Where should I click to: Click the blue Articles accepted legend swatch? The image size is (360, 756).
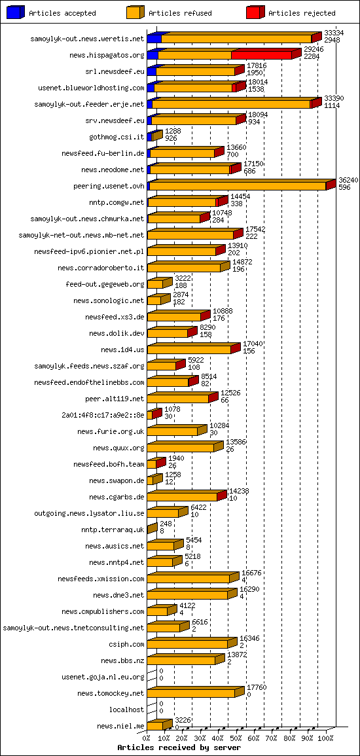click(x=15, y=12)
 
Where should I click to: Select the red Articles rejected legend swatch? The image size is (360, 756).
click(x=255, y=12)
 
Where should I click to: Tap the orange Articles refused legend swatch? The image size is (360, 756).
click(x=135, y=12)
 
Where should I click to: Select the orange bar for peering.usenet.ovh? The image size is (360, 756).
click(x=238, y=187)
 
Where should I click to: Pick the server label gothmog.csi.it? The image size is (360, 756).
click(x=117, y=137)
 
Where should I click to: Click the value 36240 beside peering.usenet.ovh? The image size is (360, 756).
click(x=348, y=180)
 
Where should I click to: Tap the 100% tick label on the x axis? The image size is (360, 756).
click(x=325, y=738)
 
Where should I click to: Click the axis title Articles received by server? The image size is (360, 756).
click(x=179, y=747)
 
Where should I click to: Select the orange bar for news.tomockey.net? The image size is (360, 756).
click(x=191, y=694)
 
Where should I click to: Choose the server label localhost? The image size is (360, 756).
click(x=126, y=710)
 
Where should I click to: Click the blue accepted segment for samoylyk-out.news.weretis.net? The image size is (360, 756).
click(x=154, y=39)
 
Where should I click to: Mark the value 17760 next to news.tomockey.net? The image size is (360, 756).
click(x=256, y=687)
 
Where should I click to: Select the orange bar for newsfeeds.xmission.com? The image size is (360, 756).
click(x=189, y=579)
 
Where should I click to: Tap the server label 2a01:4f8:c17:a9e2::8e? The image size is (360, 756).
click(x=103, y=415)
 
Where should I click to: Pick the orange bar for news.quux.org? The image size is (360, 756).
click(x=181, y=448)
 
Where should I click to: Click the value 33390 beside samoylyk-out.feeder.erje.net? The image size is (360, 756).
click(x=334, y=98)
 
